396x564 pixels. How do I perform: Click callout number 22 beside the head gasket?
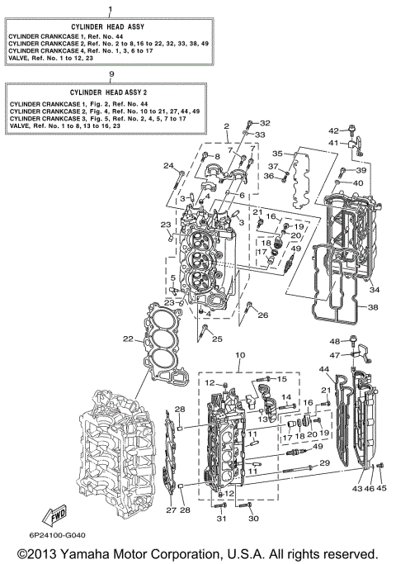(x=127, y=339)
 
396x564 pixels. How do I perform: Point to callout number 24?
(x=167, y=166)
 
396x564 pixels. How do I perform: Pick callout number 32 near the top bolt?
(x=265, y=123)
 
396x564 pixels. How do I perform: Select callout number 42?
(x=334, y=130)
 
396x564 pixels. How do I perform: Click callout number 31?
(x=221, y=519)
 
